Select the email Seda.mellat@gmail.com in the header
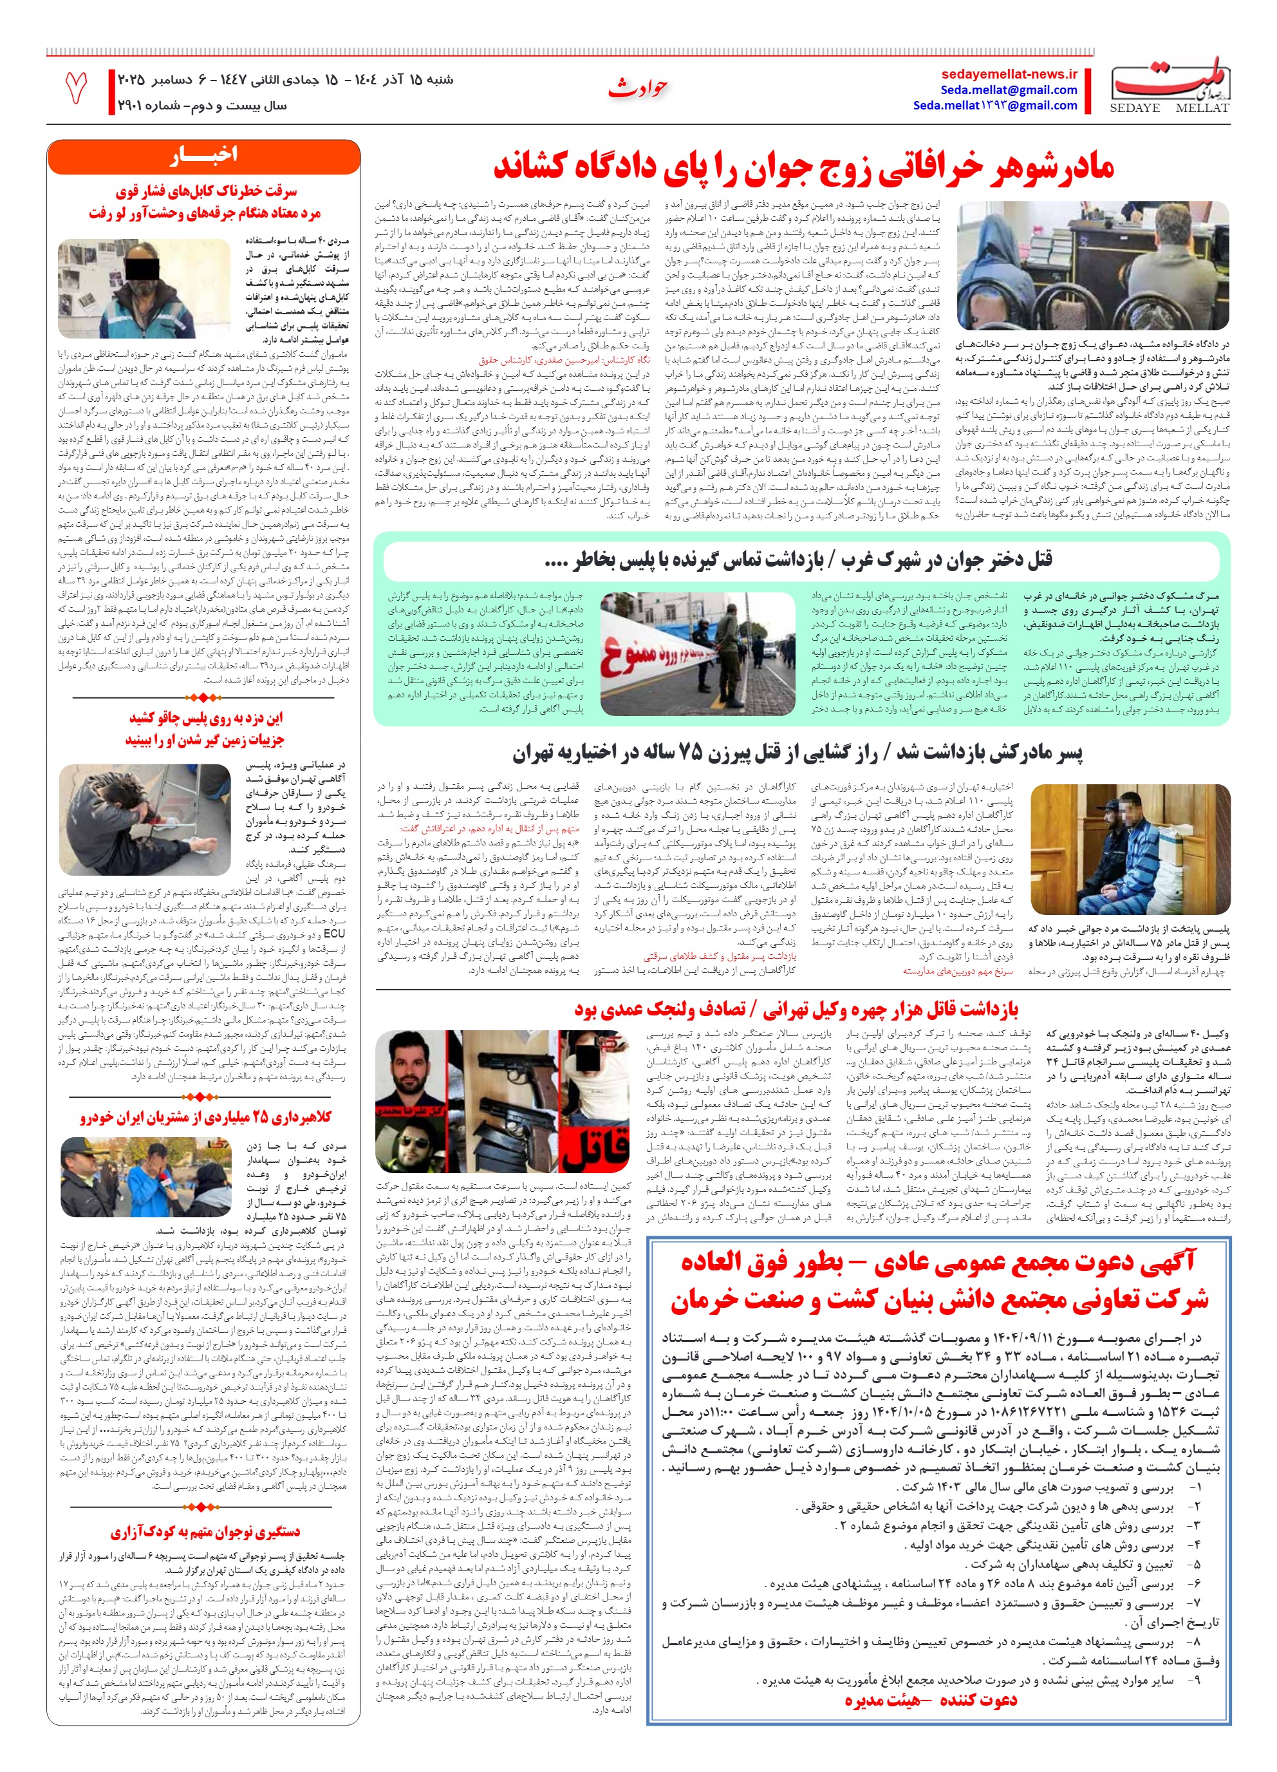click(x=1009, y=90)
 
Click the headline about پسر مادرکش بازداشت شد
click(x=797, y=754)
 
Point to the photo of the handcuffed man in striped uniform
click(x=1130, y=849)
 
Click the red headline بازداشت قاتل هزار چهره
click(x=796, y=1010)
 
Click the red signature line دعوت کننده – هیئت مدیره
click(x=930, y=1699)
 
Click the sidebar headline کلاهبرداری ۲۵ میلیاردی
click(x=205, y=1118)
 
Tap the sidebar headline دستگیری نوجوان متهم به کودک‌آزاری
click(x=205, y=1531)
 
